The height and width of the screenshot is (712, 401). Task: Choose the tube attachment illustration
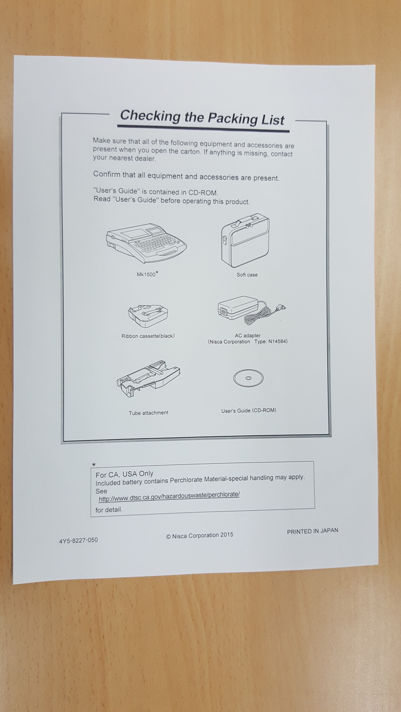tap(148, 379)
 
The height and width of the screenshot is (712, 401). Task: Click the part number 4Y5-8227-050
tap(78, 540)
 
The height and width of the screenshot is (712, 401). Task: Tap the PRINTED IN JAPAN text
tap(312, 531)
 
